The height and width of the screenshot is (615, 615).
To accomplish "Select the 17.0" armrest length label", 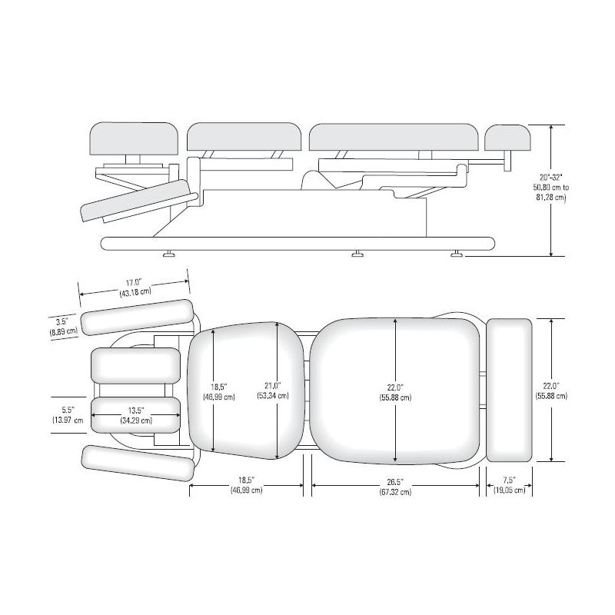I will (135, 282).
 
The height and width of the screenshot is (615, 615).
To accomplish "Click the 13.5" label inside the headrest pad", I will (135, 411).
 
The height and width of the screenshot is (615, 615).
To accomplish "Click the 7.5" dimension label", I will (509, 480).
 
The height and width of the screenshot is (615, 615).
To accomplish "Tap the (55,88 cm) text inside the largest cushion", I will (395, 397).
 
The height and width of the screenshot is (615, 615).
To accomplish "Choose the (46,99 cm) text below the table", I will (246, 490).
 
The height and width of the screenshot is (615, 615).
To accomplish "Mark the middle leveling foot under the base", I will (357, 253).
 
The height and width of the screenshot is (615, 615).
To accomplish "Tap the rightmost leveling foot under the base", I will (457, 253).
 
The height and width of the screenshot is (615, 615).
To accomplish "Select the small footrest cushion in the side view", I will (510, 137).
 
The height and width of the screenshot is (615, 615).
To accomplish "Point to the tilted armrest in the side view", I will (136, 200).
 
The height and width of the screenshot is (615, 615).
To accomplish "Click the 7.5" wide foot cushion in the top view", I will (510, 389).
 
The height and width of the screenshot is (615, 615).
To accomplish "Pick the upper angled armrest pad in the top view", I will (137, 317).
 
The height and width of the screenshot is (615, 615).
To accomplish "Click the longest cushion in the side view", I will (394, 137).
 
